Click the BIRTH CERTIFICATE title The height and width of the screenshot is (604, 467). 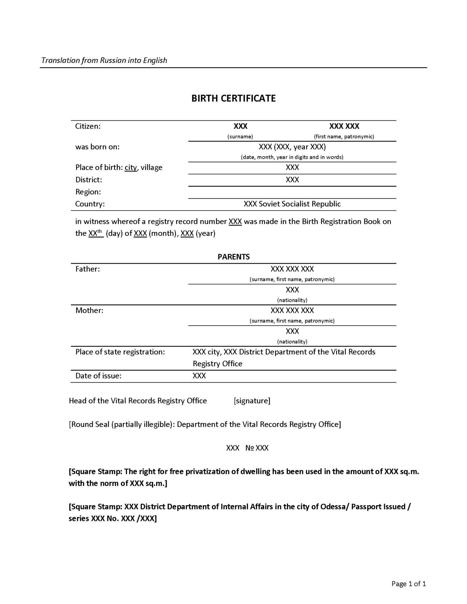point(233,98)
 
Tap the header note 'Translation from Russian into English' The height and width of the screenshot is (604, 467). point(104,60)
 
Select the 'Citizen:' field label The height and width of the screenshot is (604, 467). point(88,126)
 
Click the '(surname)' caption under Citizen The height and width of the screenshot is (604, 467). point(240,137)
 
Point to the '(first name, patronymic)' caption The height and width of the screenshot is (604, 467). point(344,137)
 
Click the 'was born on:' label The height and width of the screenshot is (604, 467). point(97,147)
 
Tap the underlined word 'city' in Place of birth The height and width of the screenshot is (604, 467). point(131,168)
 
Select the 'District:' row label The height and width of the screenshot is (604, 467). point(89,180)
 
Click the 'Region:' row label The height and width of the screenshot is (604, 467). point(88,192)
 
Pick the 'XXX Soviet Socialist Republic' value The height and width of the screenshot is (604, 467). point(292,204)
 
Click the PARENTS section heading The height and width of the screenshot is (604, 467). point(233,257)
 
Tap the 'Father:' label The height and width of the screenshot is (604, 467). point(88,269)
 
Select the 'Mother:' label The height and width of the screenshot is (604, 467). point(89,310)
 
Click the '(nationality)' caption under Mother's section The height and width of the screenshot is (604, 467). point(292,341)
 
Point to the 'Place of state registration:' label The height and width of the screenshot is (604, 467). point(120,352)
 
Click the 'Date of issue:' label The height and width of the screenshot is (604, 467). point(99,376)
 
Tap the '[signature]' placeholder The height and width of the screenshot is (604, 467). point(252,401)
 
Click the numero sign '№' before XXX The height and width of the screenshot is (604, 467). point(250,448)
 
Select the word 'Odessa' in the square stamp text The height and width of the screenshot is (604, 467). point(332,507)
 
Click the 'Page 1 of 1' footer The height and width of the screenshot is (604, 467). point(409,584)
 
